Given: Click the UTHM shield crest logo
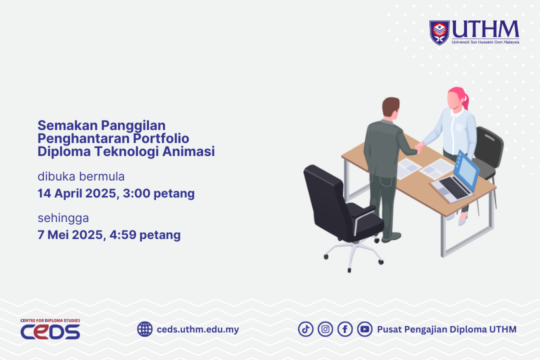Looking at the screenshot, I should click(x=440, y=32).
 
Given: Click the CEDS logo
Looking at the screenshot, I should click(x=50, y=330).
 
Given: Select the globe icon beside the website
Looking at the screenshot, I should click(x=145, y=329).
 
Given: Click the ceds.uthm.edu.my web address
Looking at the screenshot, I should click(x=197, y=329).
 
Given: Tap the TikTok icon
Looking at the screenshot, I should click(x=306, y=329).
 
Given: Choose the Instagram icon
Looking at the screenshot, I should click(x=325, y=329).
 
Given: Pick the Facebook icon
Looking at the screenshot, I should click(x=345, y=329).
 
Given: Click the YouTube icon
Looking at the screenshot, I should click(x=364, y=329).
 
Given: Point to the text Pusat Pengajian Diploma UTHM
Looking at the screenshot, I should click(x=446, y=329).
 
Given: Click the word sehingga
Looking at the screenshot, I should click(x=63, y=218).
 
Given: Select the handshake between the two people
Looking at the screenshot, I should click(x=419, y=146).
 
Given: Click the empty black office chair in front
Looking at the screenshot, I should click(x=340, y=205).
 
